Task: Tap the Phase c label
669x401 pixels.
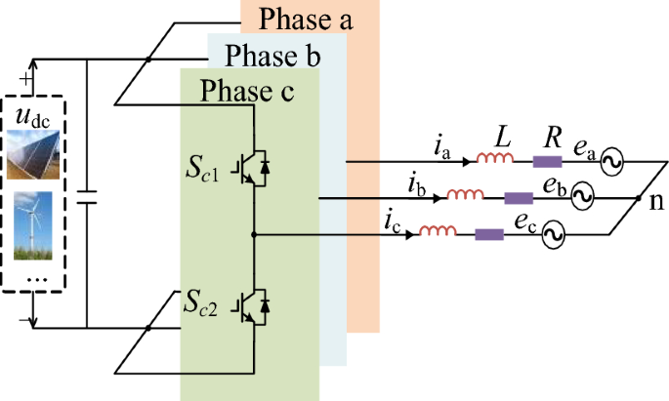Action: [246, 92]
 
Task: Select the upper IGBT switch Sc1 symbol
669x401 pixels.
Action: [252, 166]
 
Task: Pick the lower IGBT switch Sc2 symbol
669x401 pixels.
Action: [252, 305]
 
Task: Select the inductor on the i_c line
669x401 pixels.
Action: [436, 233]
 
